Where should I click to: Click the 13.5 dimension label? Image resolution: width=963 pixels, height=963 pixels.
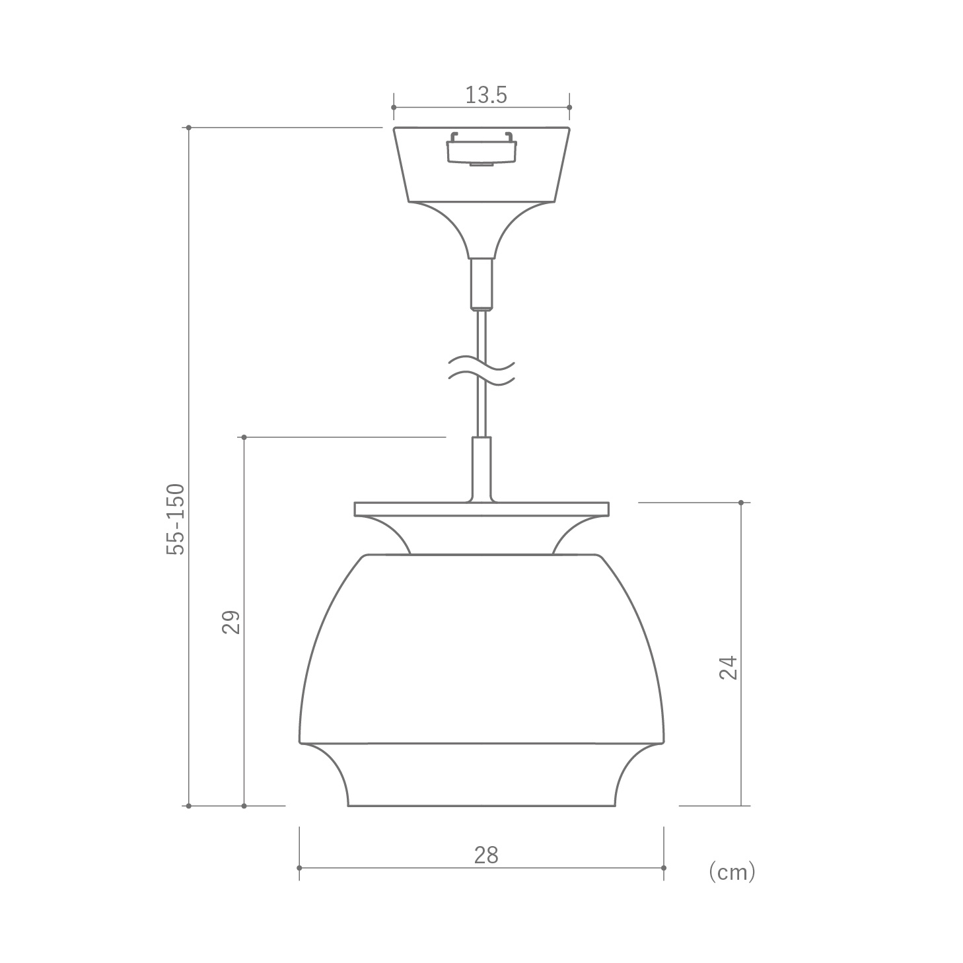click(485, 95)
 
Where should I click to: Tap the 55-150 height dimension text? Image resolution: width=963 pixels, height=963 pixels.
click(176, 519)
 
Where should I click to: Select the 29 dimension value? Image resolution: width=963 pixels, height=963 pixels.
click(231, 622)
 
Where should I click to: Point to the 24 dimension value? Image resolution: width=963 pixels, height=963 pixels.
click(728, 668)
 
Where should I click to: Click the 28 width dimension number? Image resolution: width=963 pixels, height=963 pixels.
click(485, 855)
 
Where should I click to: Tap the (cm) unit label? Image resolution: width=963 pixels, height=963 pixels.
click(732, 873)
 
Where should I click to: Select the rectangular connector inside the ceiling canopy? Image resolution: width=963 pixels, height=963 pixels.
click(482, 149)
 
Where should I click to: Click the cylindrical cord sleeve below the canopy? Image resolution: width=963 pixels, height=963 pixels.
click(482, 283)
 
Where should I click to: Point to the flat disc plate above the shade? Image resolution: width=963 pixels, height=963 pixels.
click(482, 509)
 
